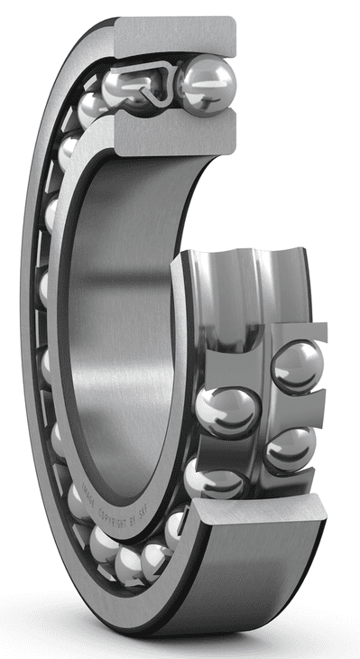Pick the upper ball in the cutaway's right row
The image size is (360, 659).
tap(297, 367)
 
